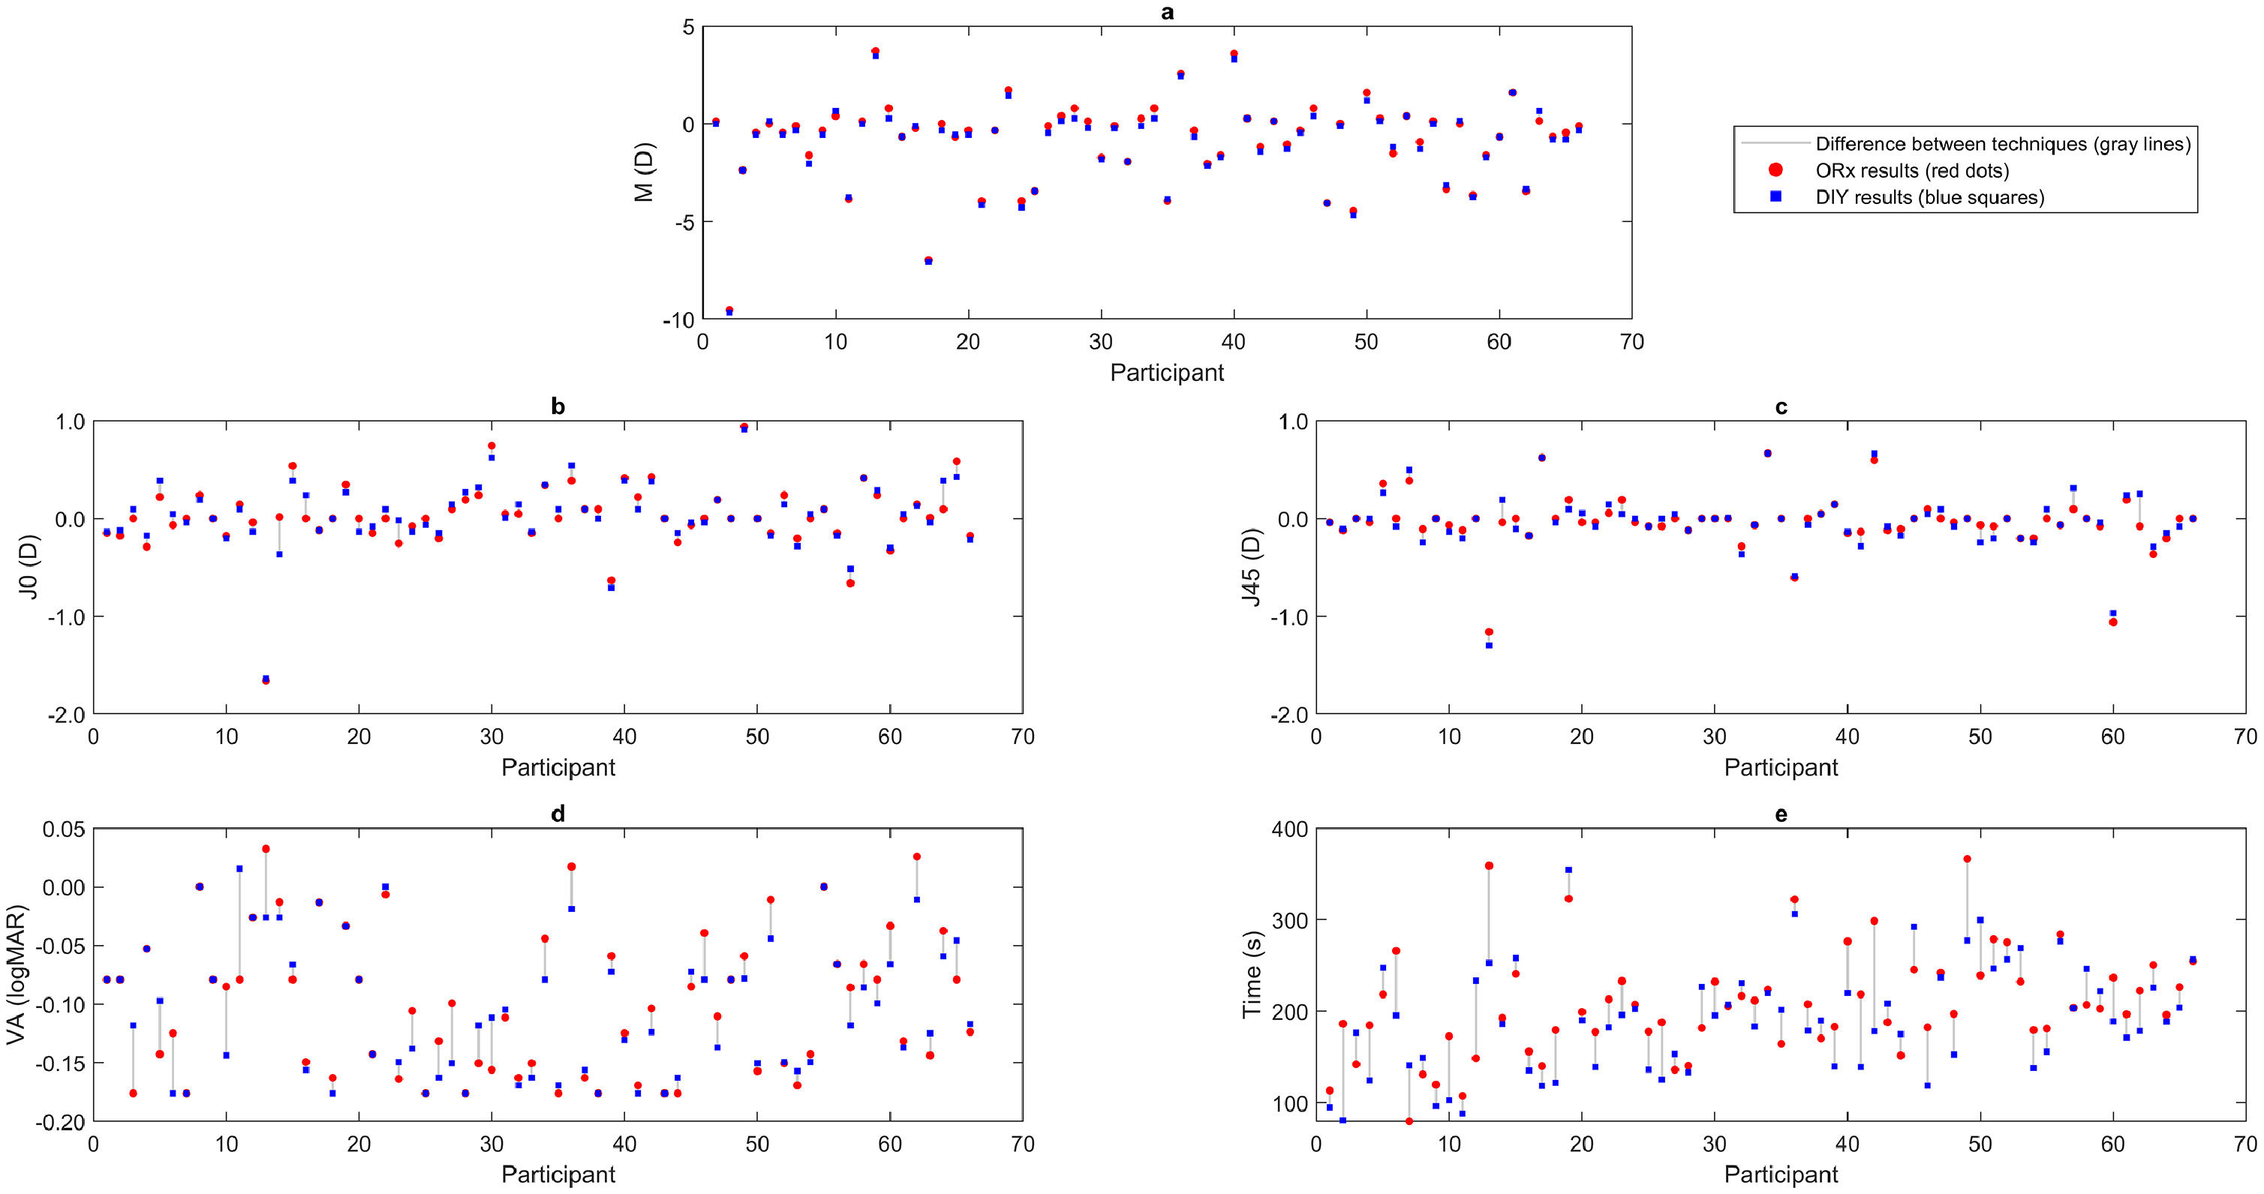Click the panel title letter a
pos(1167,12)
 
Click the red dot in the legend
pos(1775,169)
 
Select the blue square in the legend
pos(1775,196)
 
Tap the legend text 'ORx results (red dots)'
pos(1913,170)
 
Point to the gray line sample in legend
pos(1775,143)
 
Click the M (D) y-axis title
pos(644,172)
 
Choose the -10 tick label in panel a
pos(678,319)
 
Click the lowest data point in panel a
pos(729,311)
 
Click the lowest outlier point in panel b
pos(266,680)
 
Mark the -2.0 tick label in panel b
pos(67,714)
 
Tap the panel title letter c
pos(1781,406)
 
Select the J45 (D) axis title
pos(1252,567)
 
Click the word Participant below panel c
pos(1781,767)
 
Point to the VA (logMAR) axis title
pos(16,974)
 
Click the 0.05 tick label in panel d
pos(64,829)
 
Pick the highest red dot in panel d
pos(266,849)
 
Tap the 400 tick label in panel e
pos(1289,829)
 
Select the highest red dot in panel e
pos(1967,859)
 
